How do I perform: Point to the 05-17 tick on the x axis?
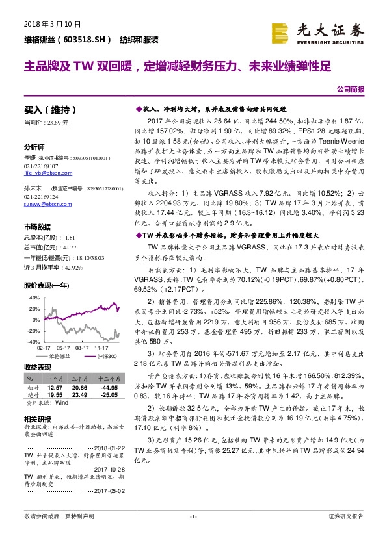pos(64,348)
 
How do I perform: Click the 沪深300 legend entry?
pos(105,355)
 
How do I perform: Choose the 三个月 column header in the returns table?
pos(79,377)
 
